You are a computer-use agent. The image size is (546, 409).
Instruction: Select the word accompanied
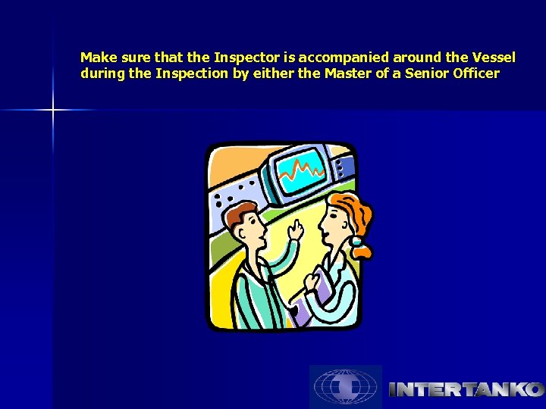tap(344, 58)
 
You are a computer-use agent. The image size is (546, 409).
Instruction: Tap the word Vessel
tap(493, 58)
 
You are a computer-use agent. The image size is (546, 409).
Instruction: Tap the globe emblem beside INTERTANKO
tap(345, 387)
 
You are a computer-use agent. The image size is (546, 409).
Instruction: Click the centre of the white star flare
tap(53, 111)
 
